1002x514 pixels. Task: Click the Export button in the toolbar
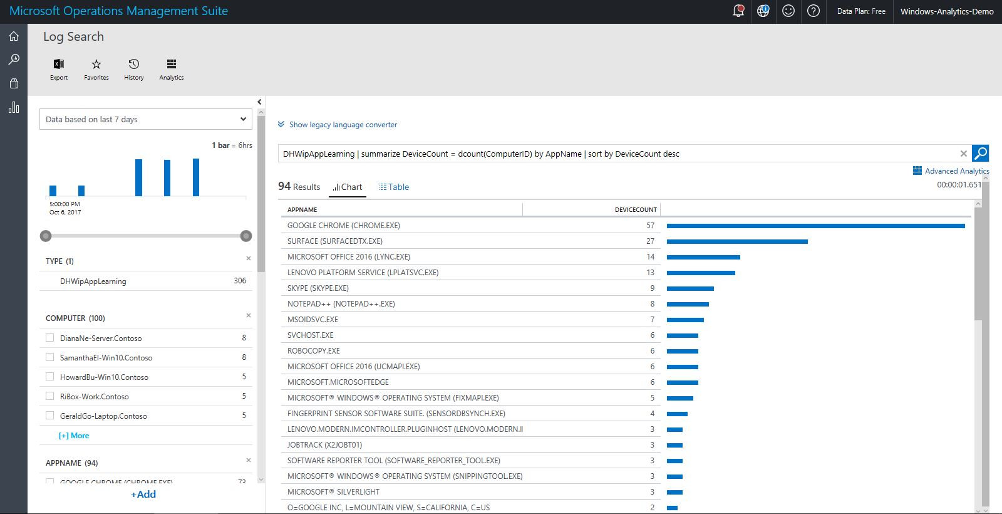[59, 68]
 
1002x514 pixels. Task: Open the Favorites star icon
[96, 68]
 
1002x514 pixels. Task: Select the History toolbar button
[134, 68]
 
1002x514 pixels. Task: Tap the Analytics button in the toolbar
[171, 68]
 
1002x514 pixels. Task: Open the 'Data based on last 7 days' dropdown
[146, 119]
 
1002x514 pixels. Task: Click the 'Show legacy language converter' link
[343, 125]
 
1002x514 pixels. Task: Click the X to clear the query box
[964, 154]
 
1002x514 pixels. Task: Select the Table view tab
[394, 187]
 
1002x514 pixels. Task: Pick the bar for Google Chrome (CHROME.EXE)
[815, 226]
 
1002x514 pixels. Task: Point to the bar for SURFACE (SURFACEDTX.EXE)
[737, 241]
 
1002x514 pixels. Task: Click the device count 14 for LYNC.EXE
[650, 257]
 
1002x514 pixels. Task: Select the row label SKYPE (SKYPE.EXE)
[318, 288]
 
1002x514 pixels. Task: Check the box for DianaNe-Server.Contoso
[50, 338]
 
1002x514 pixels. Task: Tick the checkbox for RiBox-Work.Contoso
[50, 396]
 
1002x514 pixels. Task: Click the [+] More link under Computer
[74, 436]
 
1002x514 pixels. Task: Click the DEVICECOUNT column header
[635, 209]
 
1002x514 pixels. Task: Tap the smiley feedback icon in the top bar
[788, 11]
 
